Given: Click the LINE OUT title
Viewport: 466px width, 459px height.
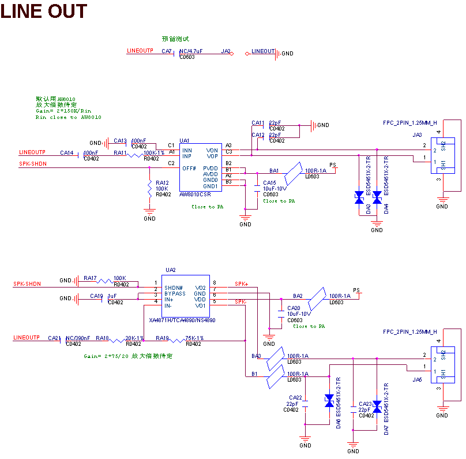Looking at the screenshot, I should (44, 11).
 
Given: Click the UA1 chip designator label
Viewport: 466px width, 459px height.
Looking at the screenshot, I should (185, 140).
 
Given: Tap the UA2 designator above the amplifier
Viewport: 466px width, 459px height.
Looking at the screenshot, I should (170, 270).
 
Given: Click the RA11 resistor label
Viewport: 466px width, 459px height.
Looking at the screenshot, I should (120, 153).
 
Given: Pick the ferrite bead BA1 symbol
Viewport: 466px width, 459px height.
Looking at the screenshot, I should (295, 170).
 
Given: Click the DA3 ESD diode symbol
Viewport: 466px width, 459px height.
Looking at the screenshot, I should (359, 197).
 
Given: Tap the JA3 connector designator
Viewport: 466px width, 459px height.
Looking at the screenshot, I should (417, 135).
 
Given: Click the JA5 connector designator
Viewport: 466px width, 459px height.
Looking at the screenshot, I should (417, 379).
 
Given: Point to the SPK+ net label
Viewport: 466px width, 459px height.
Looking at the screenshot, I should (241, 284).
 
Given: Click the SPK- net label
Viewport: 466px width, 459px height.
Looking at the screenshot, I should (240, 302).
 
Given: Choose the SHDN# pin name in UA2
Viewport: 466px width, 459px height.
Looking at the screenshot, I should (174, 288).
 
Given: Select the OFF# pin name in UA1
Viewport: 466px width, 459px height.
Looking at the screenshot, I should (189, 168).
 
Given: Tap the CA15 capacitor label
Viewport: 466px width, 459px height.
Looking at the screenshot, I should (270, 182).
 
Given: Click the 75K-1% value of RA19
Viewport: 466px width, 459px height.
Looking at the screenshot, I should (194, 338).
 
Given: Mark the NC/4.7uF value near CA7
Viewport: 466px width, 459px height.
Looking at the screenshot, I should (191, 51).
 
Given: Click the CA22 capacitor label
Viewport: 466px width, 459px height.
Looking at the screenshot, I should (295, 397).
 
